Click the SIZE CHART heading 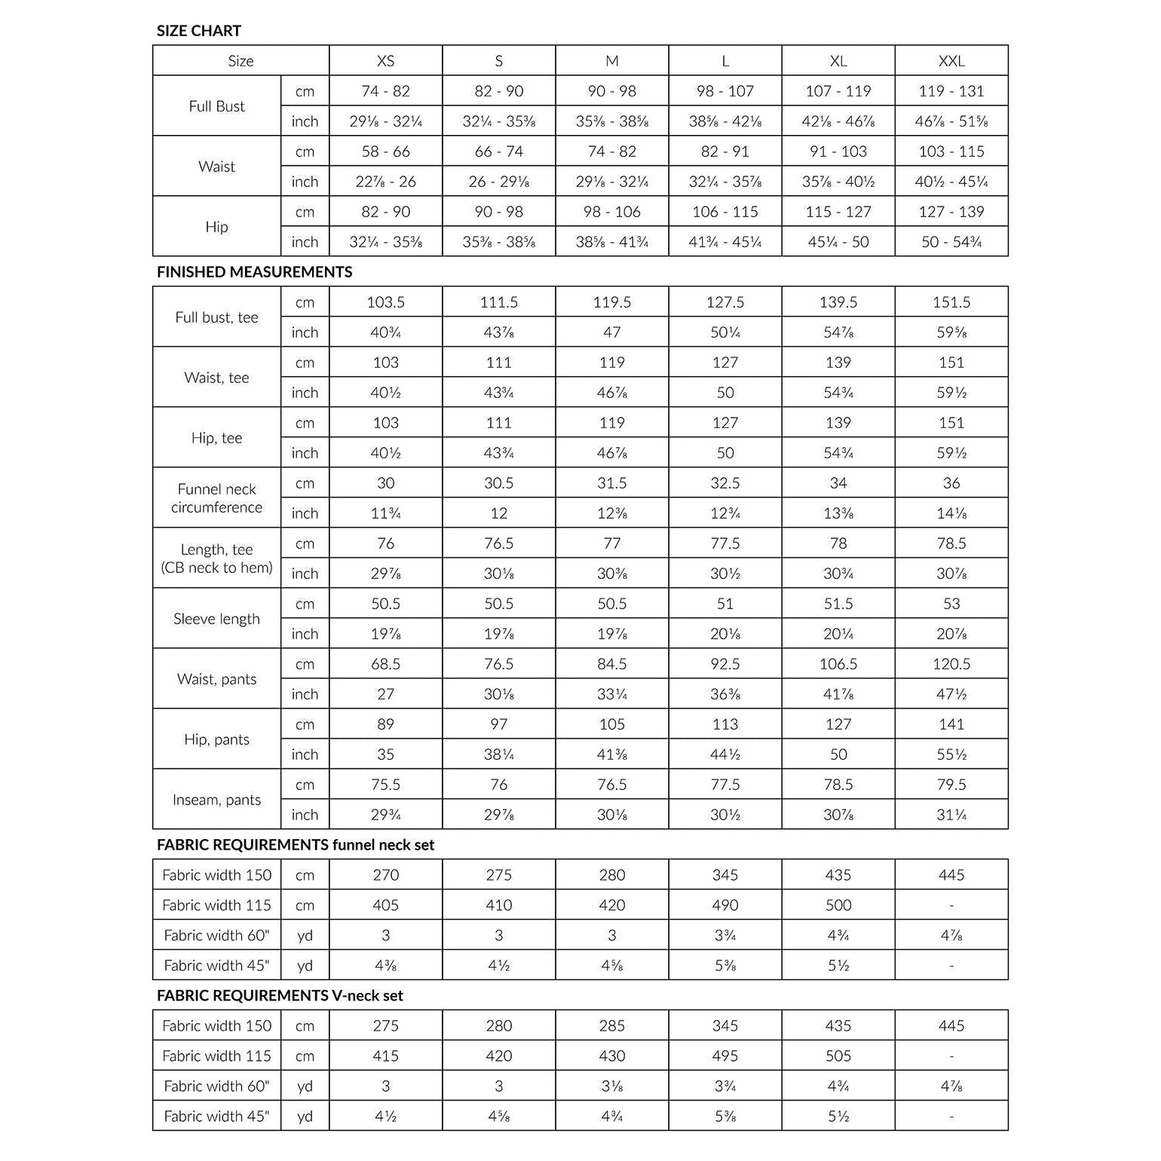tap(198, 31)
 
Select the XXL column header tap(951, 61)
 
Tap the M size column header tap(611, 61)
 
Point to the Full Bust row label tap(216, 106)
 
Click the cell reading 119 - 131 tap(951, 91)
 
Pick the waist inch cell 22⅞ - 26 tap(385, 182)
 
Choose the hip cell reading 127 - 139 tap(951, 212)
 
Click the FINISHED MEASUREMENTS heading tap(254, 272)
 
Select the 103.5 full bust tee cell tap(385, 302)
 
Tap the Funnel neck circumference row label tap(216, 498)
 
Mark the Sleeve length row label tap(216, 619)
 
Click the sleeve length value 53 tap(951, 604)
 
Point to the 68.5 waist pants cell tap(385, 664)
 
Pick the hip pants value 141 tap(951, 724)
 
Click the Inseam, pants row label tap(216, 800)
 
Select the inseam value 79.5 tap(951, 785)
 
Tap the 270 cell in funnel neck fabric tap(385, 875)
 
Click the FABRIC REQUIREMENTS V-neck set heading tap(280, 996)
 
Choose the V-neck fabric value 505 tap(838, 1056)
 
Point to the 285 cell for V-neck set tap(611, 1026)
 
